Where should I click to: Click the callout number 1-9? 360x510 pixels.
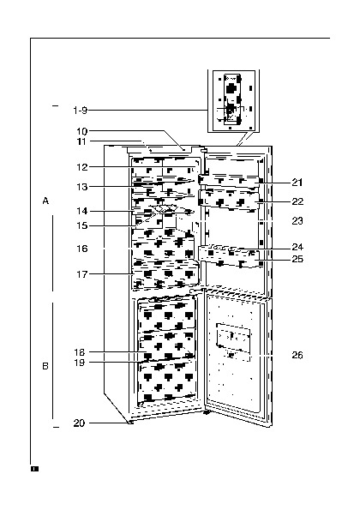pos(81,111)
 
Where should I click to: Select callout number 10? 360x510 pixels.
pos(82,131)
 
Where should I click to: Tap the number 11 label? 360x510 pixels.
pos(82,141)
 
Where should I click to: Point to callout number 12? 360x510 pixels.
pos(82,167)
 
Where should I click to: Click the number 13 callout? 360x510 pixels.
pos(82,187)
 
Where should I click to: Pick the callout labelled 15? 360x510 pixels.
pos(82,225)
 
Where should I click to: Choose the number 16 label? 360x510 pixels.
pos(82,249)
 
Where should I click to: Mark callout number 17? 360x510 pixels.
pos(82,274)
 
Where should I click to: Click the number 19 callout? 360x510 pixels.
pos(80,363)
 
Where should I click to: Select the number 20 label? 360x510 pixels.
pos(79,423)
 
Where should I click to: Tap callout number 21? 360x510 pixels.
pos(297,183)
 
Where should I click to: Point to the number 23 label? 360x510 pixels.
pos(297,221)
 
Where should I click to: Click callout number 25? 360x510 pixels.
pos(297,259)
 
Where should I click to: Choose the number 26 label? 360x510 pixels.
pos(297,355)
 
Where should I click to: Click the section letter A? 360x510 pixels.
pos(45,201)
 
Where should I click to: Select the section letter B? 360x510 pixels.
pos(45,366)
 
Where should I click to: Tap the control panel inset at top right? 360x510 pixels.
pos(233,101)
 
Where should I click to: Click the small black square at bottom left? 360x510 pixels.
pos(34,469)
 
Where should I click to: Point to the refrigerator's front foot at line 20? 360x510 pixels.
pos(130,423)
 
